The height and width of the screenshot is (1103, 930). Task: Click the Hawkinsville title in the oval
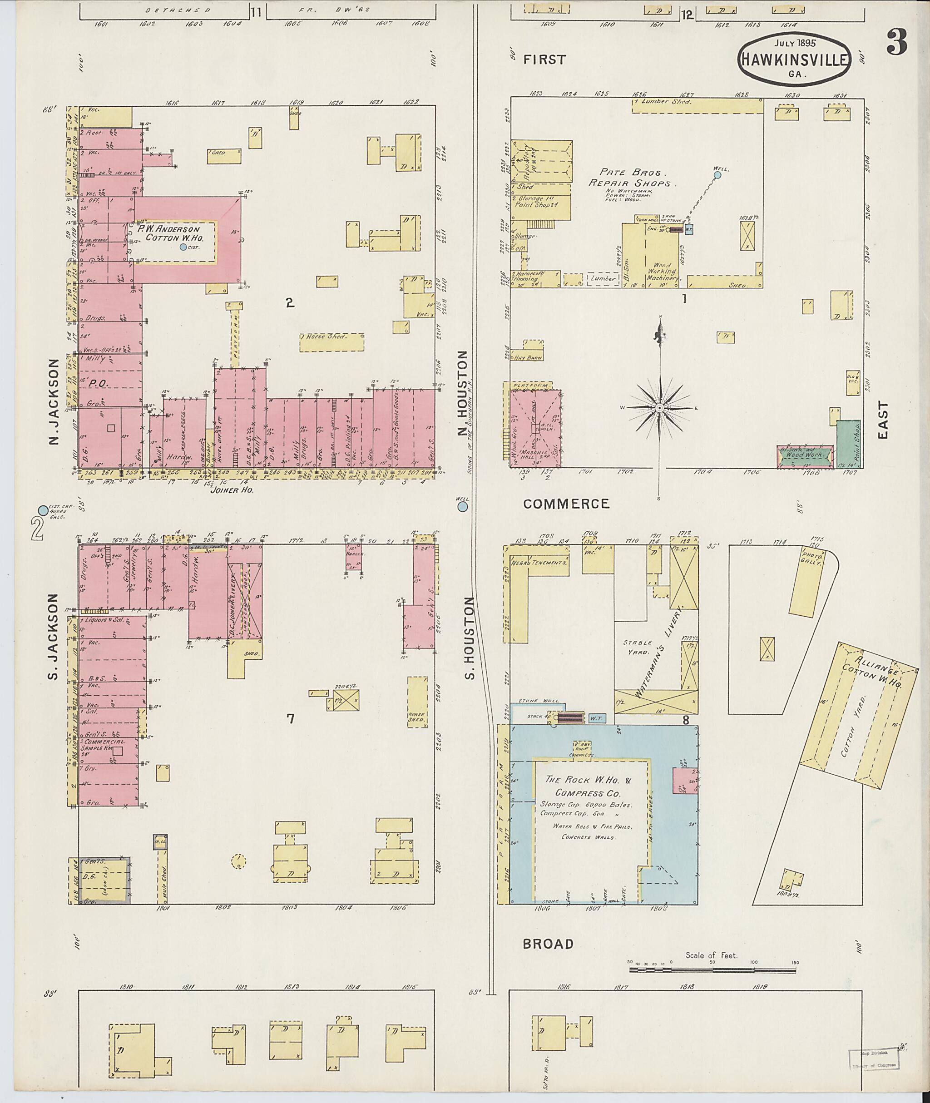pyautogui.click(x=796, y=59)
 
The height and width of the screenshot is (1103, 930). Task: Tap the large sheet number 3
pyautogui.click(x=896, y=42)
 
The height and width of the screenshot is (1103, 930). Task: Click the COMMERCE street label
pyautogui.click(x=566, y=504)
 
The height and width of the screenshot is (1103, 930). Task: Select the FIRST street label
pyautogui.click(x=544, y=59)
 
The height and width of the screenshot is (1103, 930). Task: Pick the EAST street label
pyautogui.click(x=883, y=419)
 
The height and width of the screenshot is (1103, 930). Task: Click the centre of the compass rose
pyautogui.click(x=659, y=408)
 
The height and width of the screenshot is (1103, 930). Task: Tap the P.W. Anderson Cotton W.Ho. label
pyautogui.click(x=173, y=233)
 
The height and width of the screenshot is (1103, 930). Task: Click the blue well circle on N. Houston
pyautogui.click(x=462, y=507)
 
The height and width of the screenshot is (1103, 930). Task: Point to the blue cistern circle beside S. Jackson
pyautogui.click(x=42, y=510)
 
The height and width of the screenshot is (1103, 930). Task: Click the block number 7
pyautogui.click(x=290, y=718)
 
